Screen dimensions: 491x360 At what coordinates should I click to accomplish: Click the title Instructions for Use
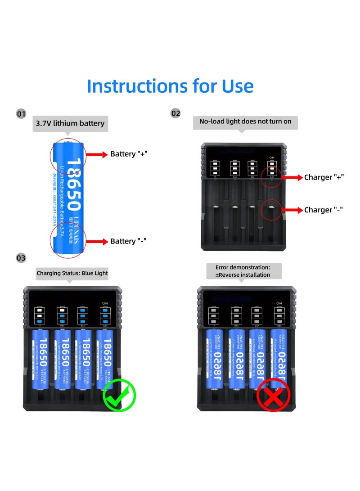170,86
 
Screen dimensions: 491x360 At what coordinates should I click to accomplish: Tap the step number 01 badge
21,114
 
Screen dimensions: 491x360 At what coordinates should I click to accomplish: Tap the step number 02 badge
175,113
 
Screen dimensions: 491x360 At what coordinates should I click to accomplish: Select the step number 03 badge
21,258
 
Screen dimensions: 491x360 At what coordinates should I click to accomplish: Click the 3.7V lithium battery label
69,123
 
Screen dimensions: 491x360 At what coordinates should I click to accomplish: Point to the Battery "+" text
129,154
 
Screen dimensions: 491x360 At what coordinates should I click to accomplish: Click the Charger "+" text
324,177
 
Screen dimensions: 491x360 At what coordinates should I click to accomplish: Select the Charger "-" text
324,210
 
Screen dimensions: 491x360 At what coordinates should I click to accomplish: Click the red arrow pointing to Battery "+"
96,154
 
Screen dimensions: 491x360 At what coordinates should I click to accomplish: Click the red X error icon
273,395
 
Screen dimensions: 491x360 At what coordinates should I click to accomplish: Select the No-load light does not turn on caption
245,122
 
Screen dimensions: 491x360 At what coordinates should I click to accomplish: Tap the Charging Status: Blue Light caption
72,273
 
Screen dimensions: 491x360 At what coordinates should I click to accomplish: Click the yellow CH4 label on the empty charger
271,158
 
